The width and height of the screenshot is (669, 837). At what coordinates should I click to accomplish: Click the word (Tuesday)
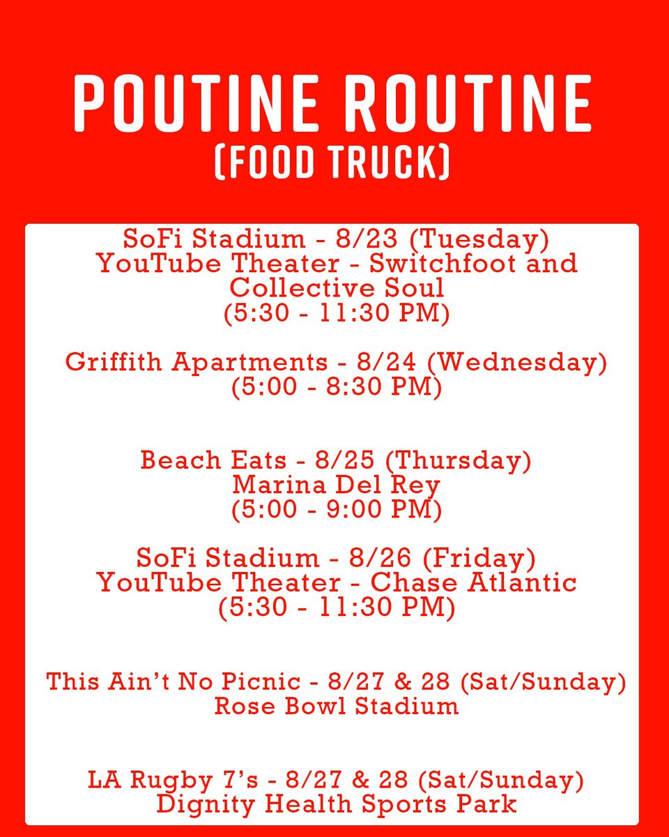(479, 240)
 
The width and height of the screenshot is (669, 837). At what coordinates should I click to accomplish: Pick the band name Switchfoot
(449, 264)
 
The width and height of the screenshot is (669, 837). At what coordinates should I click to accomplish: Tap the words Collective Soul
(337, 287)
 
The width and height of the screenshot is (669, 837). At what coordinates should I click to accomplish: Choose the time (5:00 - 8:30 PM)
(337, 387)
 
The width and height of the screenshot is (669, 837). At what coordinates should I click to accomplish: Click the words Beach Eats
(213, 461)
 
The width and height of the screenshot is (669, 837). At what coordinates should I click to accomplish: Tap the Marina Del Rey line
(337, 485)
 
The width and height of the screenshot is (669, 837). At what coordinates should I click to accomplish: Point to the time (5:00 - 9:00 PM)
(337, 509)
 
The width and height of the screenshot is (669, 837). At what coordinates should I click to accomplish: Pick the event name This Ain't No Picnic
(174, 681)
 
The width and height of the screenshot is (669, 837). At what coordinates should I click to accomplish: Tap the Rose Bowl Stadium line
(337, 706)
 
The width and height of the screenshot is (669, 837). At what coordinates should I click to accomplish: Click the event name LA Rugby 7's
(180, 780)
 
